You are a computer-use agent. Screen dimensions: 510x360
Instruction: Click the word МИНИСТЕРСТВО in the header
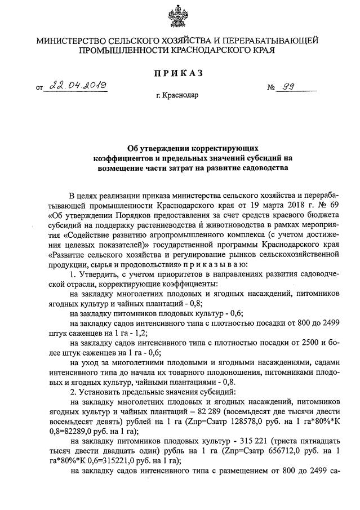[x=74, y=41]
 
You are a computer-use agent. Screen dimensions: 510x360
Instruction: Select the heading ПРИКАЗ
[x=179, y=73]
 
